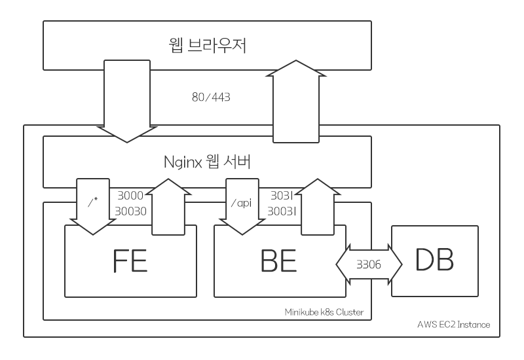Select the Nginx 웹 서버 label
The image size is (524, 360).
click(x=208, y=162)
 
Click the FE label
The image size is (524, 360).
click(x=130, y=260)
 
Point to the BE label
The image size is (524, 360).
click(x=280, y=260)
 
